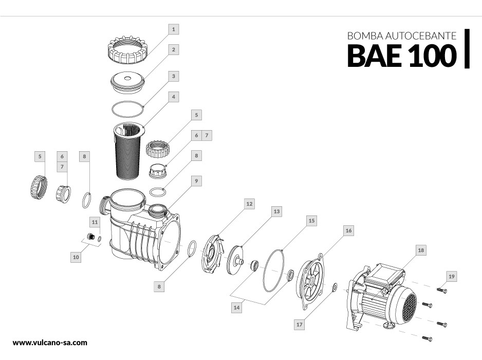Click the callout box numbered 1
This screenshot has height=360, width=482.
(174, 29)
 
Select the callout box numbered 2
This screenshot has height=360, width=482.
(174, 50)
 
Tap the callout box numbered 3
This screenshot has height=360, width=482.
(174, 76)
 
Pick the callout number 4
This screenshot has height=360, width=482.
(174, 97)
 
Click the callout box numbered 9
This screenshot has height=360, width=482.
(196, 181)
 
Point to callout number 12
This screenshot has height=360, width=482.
(249, 204)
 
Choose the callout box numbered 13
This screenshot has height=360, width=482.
(276, 211)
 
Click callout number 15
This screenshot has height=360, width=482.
(310, 220)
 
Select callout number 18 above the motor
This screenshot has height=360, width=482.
(421, 250)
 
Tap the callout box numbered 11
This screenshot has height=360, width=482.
(95, 222)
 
